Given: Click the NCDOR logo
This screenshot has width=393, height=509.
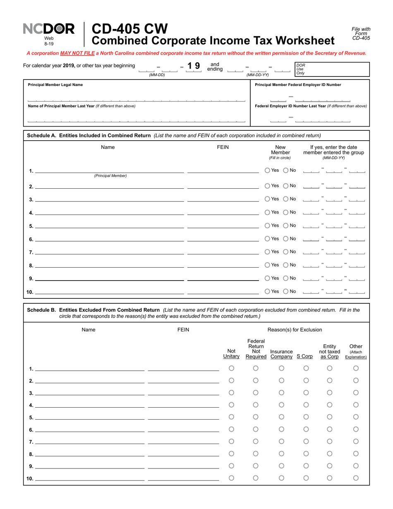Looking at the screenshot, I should tap(49, 29).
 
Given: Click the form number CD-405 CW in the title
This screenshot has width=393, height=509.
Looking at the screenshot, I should tap(129, 29).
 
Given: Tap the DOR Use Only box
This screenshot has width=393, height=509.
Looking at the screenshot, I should tap(331, 70).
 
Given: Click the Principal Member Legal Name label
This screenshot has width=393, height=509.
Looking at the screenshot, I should tap(55, 85).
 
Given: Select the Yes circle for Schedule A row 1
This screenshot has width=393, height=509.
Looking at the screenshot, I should tap(267, 170).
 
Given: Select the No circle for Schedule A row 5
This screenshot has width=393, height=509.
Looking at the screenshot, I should tap(286, 226).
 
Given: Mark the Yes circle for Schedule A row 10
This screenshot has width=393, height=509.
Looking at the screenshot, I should tap(267, 291).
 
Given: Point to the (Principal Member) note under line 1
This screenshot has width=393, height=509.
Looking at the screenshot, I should tap(110, 176).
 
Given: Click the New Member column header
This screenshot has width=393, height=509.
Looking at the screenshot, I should tap(280, 152).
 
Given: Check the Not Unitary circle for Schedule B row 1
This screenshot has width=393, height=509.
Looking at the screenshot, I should tap(232, 368).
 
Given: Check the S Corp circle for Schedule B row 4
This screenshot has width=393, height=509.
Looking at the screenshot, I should tap(306, 405).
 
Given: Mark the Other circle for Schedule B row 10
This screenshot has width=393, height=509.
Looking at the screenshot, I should tap(356, 478).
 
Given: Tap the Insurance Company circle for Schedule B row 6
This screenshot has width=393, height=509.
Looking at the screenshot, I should tap(281, 429).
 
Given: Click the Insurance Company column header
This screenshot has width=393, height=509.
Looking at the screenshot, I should tap(281, 354).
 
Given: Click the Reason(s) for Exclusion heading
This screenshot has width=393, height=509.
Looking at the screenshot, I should tap(295, 330).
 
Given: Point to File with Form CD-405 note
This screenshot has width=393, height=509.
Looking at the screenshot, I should tap(361, 34).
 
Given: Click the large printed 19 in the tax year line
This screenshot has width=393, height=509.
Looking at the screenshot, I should tap(193, 66).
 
